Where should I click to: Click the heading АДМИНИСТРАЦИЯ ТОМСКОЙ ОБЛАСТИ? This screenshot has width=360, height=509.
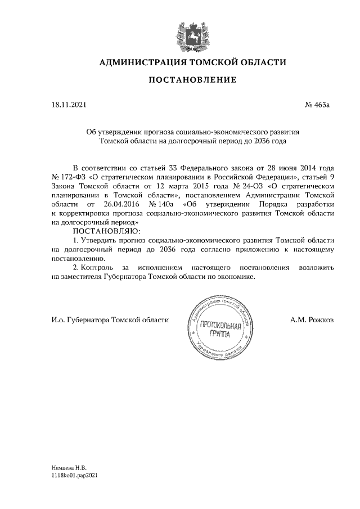click(192, 62)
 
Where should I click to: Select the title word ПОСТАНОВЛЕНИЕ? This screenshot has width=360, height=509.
click(192, 81)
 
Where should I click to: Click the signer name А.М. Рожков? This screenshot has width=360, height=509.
click(312, 319)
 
